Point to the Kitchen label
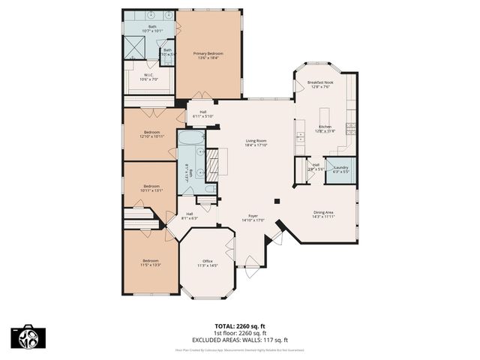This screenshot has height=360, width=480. (x=325, y=128)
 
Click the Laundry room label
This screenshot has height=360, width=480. (x=340, y=169)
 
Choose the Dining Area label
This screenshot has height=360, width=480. (x=323, y=214)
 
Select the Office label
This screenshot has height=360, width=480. (x=207, y=262)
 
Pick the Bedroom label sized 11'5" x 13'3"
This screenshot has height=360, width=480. (x=151, y=262)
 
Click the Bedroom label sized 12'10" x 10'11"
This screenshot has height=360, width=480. (x=152, y=134)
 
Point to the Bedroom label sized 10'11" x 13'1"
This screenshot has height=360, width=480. (x=151, y=188)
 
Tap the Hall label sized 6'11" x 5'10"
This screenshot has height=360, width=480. (x=203, y=114)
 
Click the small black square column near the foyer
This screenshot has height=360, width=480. (x=277, y=200)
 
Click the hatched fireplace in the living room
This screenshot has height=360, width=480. (x=212, y=163)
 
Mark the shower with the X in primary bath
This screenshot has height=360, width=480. (x=135, y=46)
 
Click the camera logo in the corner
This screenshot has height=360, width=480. (x=25, y=337)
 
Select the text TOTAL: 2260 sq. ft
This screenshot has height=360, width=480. (x=239, y=326)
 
